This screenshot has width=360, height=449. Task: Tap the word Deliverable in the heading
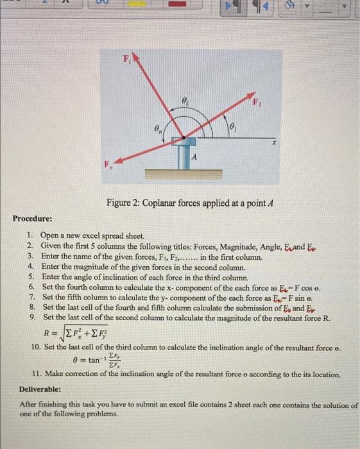40,389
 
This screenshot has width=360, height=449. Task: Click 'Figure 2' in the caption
125,203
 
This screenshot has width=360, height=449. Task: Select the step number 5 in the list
31,277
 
